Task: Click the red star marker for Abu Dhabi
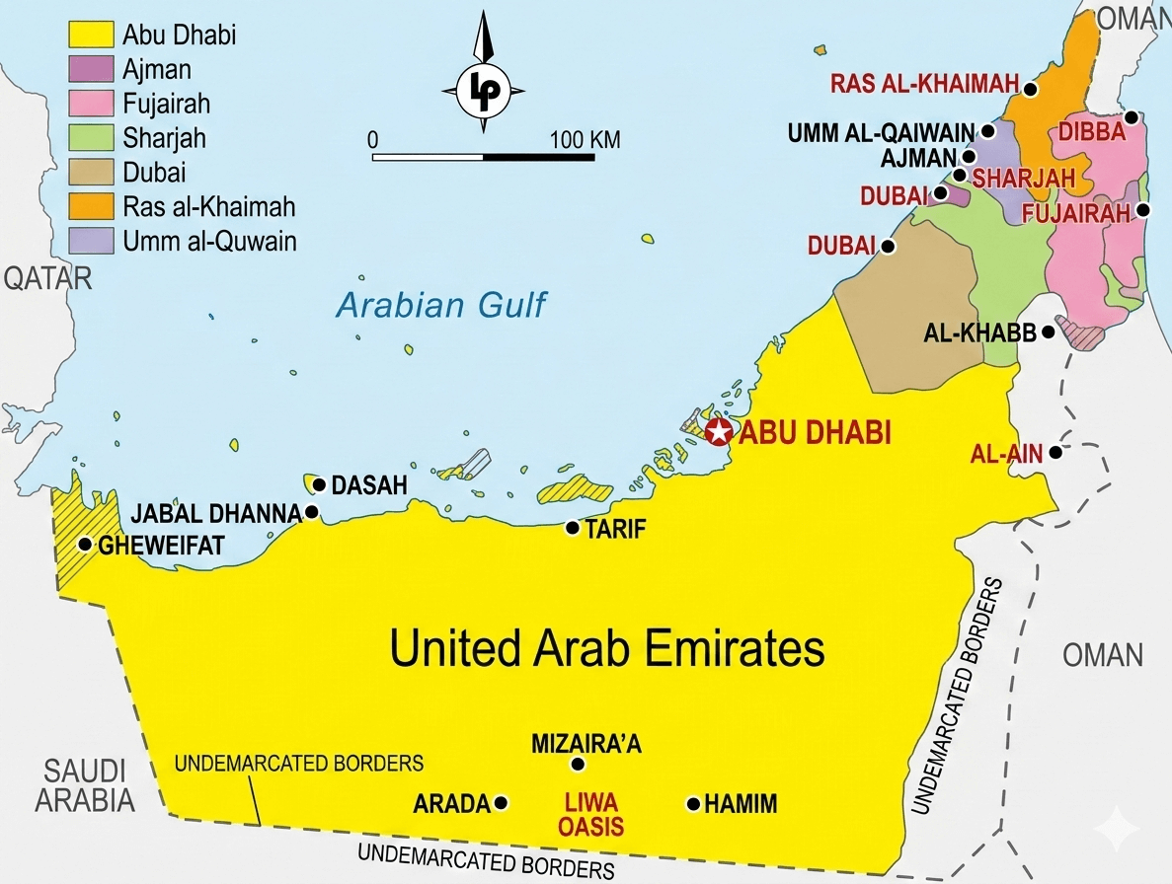719,431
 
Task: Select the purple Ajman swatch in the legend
91,69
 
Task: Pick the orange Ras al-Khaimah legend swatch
91,206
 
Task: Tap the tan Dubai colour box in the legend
91,173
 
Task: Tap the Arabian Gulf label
440,305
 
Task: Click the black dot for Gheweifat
85,544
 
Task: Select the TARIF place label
615,530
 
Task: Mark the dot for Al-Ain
1055,453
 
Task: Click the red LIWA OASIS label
592,815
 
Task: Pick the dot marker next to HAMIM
694,804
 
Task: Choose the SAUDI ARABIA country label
84,785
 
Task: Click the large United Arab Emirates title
606,649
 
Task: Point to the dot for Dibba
1132,117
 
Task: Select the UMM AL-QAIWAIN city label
882,131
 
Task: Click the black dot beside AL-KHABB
1048,332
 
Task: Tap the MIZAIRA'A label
586,744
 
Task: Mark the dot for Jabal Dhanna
312,512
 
